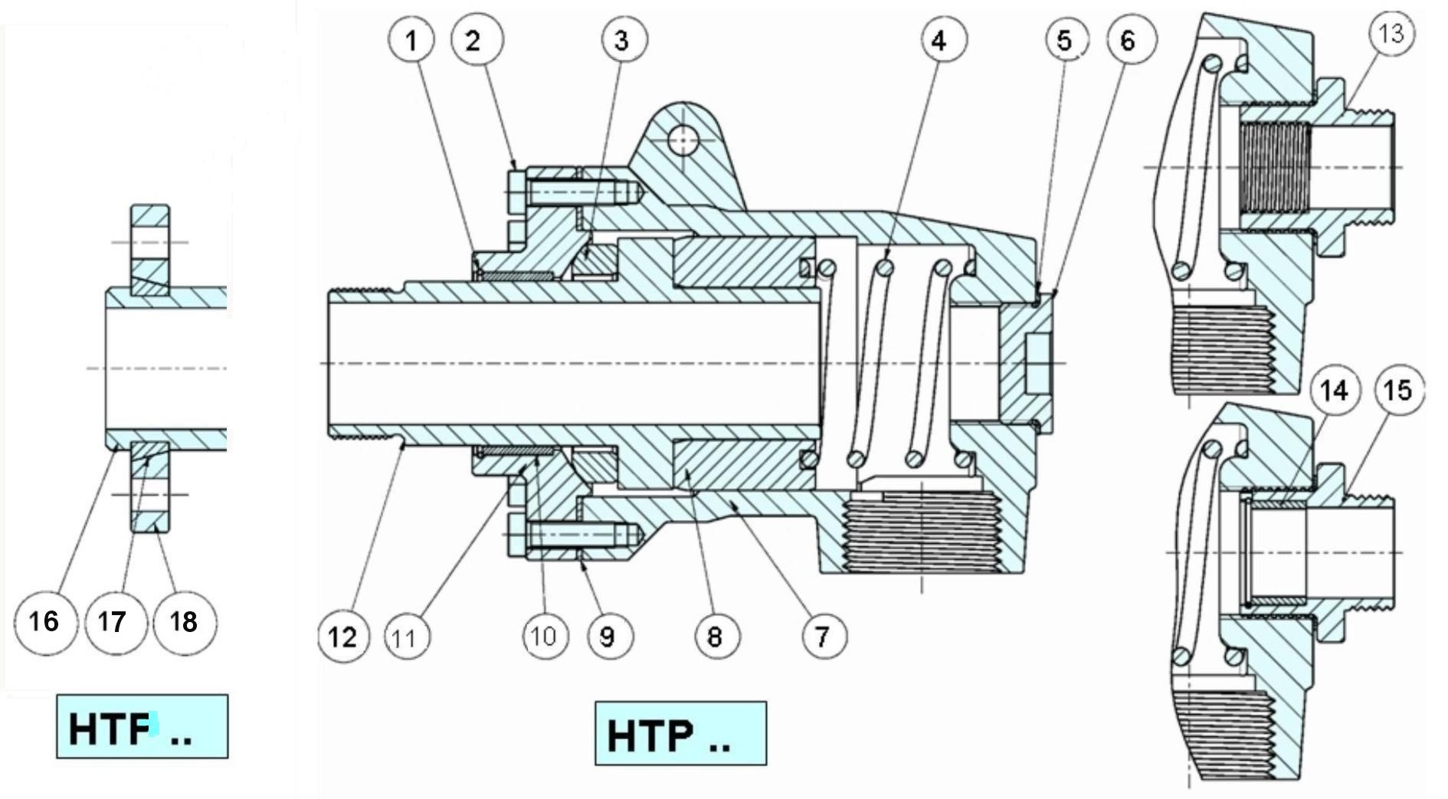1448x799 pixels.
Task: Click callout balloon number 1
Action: [x=411, y=39]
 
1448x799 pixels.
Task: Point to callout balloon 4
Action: [x=939, y=39]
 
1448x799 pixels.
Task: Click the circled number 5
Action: [x=1065, y=40]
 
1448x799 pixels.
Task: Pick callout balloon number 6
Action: [x=1129, y=40]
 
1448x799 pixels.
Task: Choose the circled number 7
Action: [x=823, y=635]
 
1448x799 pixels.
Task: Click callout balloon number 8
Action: [x=716, y=635]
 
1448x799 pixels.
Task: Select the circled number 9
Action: [x=608, y=635]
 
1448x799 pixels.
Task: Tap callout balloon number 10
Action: [x=544, y=635]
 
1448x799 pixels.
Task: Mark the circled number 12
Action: [x=342, y=635]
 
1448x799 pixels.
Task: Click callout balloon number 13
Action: [x=1391, y=34]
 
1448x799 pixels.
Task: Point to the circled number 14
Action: [x=1334, y=390]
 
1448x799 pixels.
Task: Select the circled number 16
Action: [x=45, y=621]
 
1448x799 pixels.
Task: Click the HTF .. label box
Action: [x=142, y=726]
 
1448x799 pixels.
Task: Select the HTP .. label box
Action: [x=680, y=733]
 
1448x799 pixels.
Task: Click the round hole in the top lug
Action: [x=682, y=140]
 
